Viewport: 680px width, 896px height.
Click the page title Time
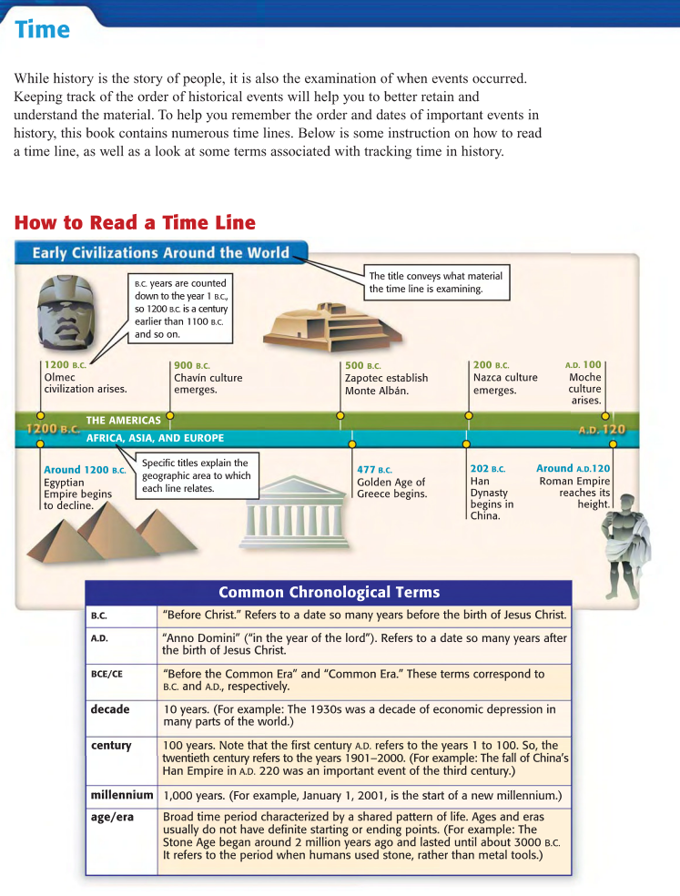[42, 30]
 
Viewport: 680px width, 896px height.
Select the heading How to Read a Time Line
[135, 223]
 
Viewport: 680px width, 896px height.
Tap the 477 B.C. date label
[374, 470]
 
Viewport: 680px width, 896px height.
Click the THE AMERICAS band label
[123, 421]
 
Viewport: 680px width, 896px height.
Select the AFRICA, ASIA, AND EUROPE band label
[155, 438]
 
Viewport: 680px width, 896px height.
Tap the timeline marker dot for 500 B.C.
[340, 416]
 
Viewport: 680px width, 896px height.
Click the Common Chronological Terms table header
[329, 593]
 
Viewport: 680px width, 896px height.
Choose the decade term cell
[110, 709]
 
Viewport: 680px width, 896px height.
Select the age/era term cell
[112, 817]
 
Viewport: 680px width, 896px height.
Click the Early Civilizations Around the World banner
[160, 252]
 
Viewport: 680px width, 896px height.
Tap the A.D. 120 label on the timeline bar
[602, 429]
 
